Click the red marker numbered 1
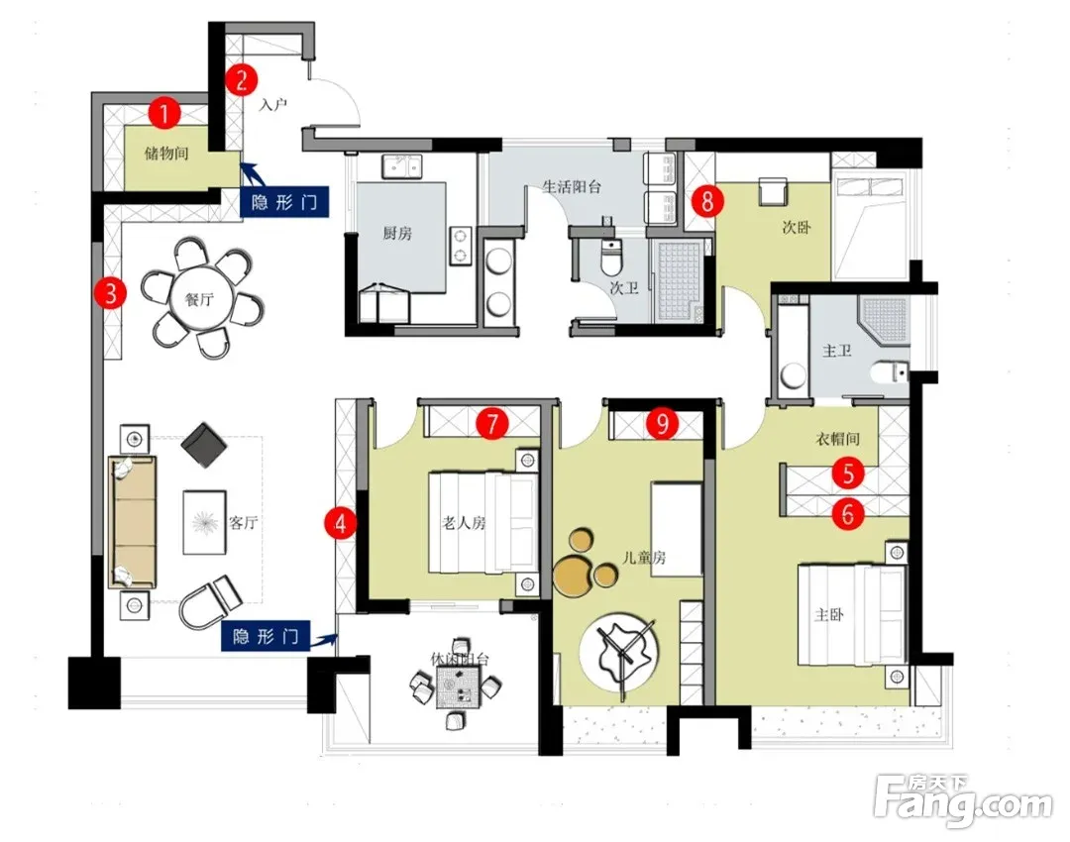point(164,113)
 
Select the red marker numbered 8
point(707,201)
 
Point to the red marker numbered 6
point(848,513)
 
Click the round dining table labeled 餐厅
point(200,298)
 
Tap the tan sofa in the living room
point(133,522)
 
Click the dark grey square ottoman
point(204,446)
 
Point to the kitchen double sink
point(402,166)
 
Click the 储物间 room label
point(166,153)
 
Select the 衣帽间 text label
point(837,439)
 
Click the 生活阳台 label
point(572,186)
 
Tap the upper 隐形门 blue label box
point(284,203)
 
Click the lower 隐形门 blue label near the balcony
point(265,637)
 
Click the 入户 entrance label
point(273,105)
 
